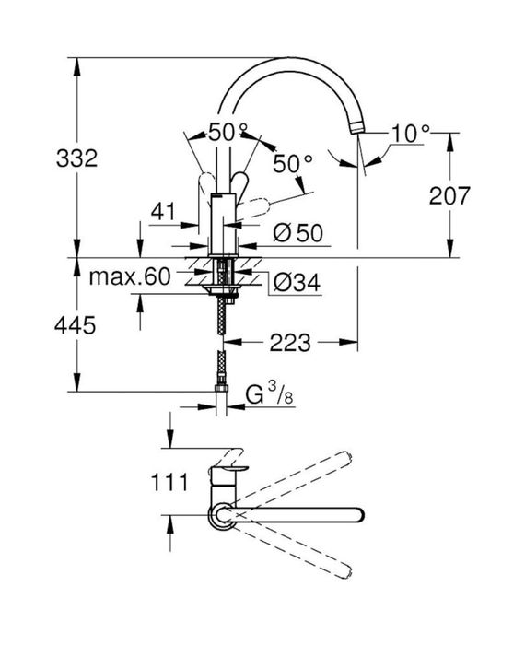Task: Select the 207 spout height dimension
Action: tap(450, 195)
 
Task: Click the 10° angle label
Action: tap(409, 134)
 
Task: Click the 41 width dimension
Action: tap(163, 213)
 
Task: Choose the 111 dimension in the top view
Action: tap(169, 481)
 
